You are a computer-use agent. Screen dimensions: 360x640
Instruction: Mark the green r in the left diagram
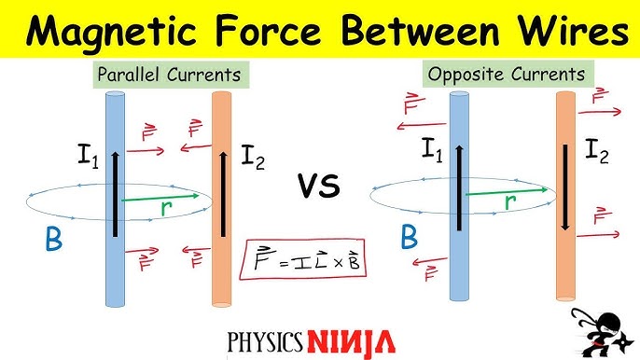[165, 210]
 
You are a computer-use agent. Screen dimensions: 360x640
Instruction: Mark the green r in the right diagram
[512, 201]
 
